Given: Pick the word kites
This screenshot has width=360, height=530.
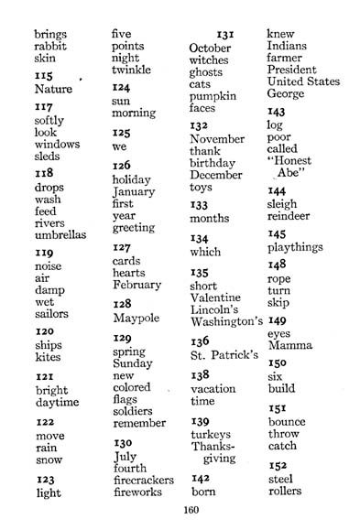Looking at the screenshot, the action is click(x=49, y=359).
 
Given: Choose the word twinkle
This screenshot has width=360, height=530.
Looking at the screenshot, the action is click(x=131, y=70).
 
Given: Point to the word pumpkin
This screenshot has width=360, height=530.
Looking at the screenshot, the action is click(x=213, y=95).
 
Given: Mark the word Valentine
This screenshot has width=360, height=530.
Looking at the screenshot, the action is click(x=215, y=297).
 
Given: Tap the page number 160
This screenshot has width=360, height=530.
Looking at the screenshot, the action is click(x=191, y=511).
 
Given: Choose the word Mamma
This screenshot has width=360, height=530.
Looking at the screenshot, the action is click(x=290, y=345).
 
